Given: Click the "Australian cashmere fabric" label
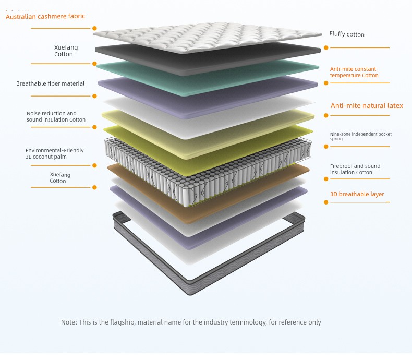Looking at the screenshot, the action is click(45, 16).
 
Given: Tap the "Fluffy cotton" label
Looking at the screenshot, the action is click(347, 34).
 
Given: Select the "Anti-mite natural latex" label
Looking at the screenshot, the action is click(367, 105).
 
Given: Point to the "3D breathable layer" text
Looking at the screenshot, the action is click(357, 194).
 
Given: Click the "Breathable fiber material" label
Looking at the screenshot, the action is click(50, 83).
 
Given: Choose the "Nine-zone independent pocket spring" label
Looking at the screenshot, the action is click(361, 136).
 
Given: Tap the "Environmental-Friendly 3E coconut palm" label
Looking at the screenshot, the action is click(54, 153).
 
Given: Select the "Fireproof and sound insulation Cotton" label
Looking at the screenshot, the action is click(355, 169).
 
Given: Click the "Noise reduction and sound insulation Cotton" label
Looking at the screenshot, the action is click(56, 116).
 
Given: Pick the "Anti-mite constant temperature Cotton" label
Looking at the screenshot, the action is click(354, 72).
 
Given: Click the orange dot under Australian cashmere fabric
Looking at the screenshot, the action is click(94, 28).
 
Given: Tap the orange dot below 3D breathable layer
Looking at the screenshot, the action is click(326, 202).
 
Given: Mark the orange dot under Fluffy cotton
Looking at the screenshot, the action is click(326, 47).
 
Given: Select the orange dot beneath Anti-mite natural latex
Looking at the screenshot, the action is click(326, 115).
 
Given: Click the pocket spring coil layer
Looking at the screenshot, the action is click(208, 171).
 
